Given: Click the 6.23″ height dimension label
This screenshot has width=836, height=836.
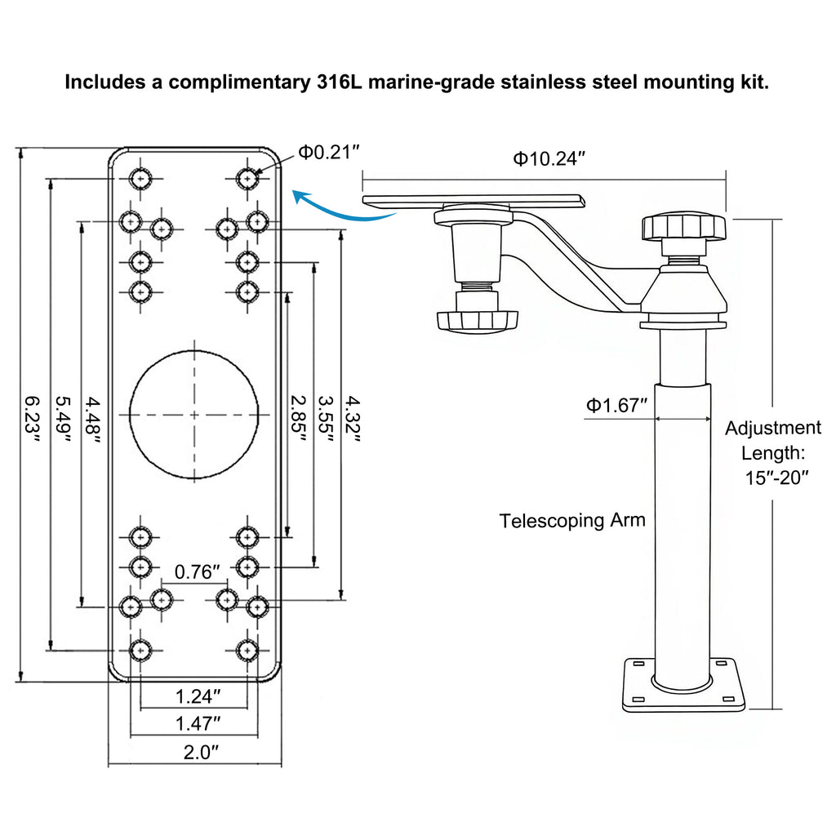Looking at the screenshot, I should click(32, 419).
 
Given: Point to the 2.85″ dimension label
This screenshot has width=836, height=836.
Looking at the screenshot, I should click(299, 419).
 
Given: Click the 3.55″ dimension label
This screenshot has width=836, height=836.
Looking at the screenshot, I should click(327, 419).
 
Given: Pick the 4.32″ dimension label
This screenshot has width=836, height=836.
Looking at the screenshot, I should click(353, 419).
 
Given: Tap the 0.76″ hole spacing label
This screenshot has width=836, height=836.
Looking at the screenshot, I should click(198, 571).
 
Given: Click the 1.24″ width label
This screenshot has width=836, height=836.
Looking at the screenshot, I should click(198, 696).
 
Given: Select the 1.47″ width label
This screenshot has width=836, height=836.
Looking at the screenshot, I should click(198, 723).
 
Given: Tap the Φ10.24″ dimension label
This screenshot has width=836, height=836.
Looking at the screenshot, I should click(549, 158).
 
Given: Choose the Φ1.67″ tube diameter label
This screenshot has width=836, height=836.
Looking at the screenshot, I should click(616, 405).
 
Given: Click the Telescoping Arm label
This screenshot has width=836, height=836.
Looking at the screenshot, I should click(572, 520).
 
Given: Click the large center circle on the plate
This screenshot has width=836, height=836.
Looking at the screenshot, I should click(194, 414).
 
